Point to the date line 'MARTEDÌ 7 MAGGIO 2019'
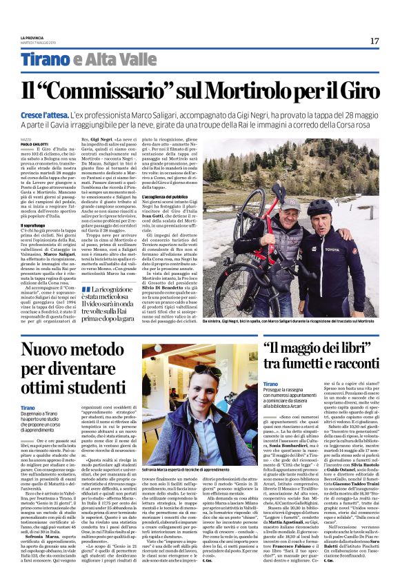[34, 42]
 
